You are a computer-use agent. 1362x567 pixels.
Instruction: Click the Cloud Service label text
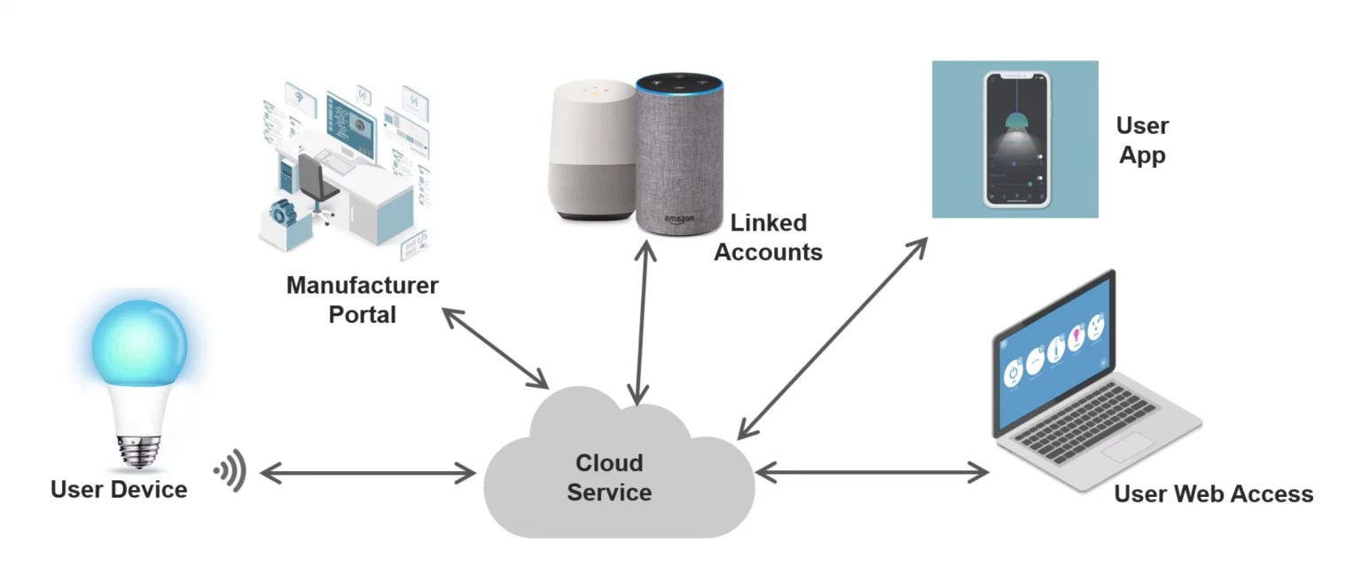pyautogui.click(x=609, y=477)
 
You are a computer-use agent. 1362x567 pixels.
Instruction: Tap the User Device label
pyautogui.click(x=119, y=489)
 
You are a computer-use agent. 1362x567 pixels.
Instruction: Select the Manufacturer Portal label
pyautogui.click(x=362, y=299)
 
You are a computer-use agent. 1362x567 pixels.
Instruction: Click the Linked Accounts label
pyautogui.click(x=768, y=237)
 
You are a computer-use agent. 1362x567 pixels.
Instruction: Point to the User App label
pyautogui.click(x=1142, y=140)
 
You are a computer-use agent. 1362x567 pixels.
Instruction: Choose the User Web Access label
pyautogui.click(x=1213, y=493)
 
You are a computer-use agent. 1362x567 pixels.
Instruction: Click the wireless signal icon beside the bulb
pyautogui.click(x=231, y=471)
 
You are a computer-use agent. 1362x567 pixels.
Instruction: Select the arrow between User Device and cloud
pyautogui.click(x=367, y=474)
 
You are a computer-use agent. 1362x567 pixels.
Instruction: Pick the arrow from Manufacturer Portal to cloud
pyautogui.click(x=496, y=347)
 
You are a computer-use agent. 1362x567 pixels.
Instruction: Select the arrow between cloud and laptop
pyautogui.click(x=873, y=473)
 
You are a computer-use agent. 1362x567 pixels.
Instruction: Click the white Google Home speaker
pyautogui.click(x=592, y=151)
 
